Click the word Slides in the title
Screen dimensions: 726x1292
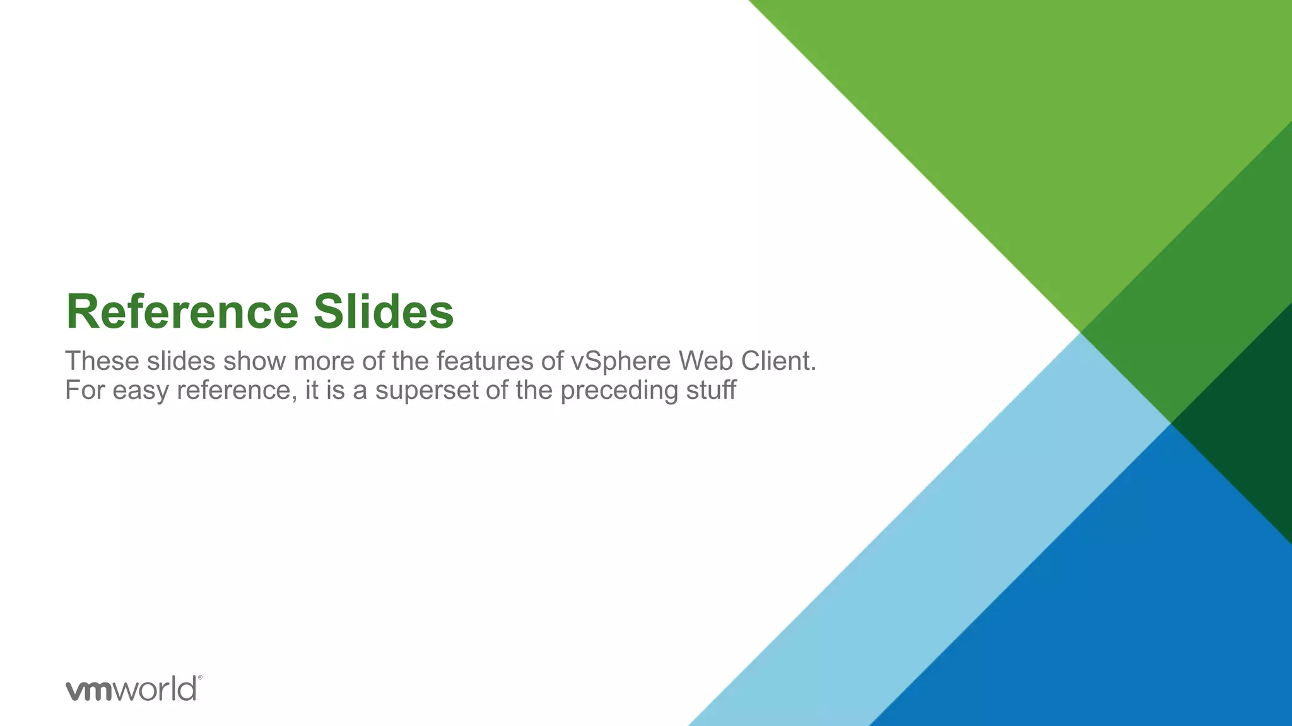click(x=384, y=312)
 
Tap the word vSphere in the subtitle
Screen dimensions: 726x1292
click(x=621, y=362)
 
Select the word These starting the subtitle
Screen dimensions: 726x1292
click(x=102, y=362)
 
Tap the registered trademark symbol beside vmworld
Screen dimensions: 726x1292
click(x=200, y=678)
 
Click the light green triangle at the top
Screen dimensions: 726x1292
click(x=1072, y=126)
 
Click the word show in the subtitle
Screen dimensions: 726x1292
click(x=255, y=362)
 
